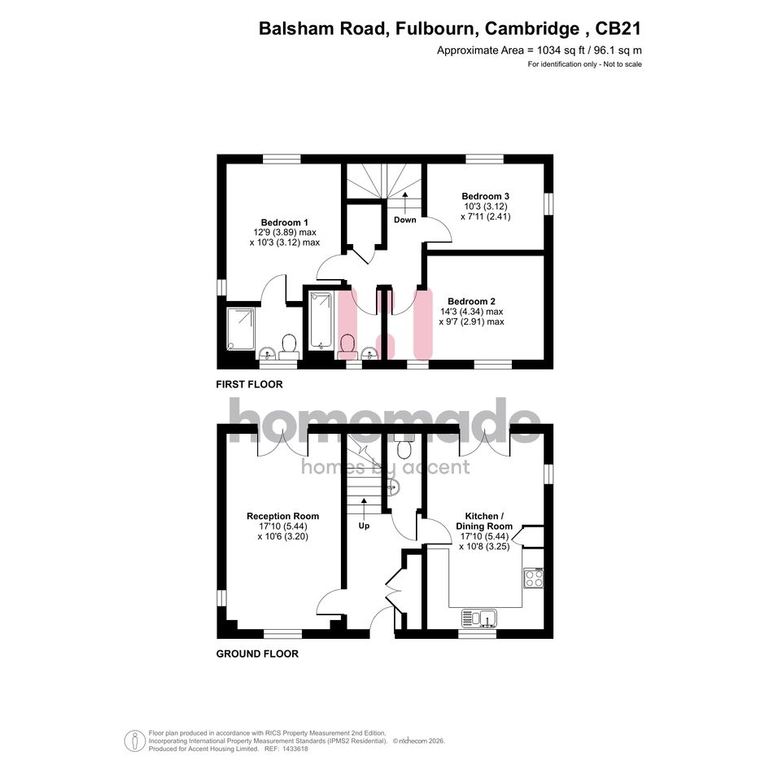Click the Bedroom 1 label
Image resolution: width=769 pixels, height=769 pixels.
point(285,222)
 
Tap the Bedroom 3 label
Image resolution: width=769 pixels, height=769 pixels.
point(485,196)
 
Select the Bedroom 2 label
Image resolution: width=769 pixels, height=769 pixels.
point(471,301)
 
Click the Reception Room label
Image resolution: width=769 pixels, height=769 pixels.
point(282,516)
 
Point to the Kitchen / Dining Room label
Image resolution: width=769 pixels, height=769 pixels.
point(484,521)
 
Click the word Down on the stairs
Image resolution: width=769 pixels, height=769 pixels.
point(404,220)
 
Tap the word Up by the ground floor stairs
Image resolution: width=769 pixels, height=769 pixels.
point(364,526)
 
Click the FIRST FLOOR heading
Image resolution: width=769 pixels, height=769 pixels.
point(249,384)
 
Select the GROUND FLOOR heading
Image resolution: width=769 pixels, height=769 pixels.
point(257,653)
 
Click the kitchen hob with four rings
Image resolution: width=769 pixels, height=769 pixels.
point(533,578)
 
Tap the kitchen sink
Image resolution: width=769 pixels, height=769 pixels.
point(479,618)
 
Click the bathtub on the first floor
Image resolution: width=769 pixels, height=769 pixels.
point(321,321)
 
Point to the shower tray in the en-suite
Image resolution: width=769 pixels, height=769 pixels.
point(240,329)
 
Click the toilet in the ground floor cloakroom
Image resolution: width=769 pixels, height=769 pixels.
point(404,446)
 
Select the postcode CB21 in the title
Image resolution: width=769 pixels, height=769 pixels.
point(618,28)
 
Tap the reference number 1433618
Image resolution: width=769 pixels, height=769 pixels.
point(293,749)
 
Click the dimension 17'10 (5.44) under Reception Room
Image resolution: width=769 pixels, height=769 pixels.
point(283,527)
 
